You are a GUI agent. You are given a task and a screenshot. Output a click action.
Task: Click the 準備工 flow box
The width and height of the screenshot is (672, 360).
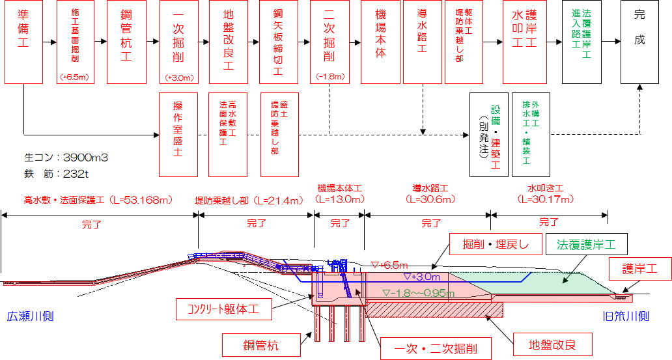point(23,42)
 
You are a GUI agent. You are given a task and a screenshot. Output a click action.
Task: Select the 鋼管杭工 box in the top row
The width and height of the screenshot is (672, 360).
point(126,42)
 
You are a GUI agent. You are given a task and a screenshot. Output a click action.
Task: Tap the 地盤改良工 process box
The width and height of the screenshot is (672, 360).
point(229,42)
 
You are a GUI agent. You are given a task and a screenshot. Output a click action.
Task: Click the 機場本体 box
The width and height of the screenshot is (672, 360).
point(380,42)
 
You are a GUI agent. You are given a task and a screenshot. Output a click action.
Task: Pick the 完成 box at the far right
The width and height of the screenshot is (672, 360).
point(639,42)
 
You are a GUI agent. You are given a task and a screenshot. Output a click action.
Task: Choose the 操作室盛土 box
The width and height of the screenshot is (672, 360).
point(178,134)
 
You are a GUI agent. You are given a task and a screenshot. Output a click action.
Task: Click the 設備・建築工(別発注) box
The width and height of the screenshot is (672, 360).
point(488,134)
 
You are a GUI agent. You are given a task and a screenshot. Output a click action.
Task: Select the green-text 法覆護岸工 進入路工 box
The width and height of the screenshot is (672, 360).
point(581,42)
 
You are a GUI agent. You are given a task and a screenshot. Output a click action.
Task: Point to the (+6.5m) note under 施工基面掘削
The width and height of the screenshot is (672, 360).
point(75,77)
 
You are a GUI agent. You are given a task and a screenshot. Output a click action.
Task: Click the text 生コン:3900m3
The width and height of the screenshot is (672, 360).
point(66,158)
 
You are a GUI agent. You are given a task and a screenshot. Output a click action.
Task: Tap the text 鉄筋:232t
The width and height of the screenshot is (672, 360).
point(59,173)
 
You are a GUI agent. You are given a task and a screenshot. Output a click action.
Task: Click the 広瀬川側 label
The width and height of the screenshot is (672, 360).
point(30,317)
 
